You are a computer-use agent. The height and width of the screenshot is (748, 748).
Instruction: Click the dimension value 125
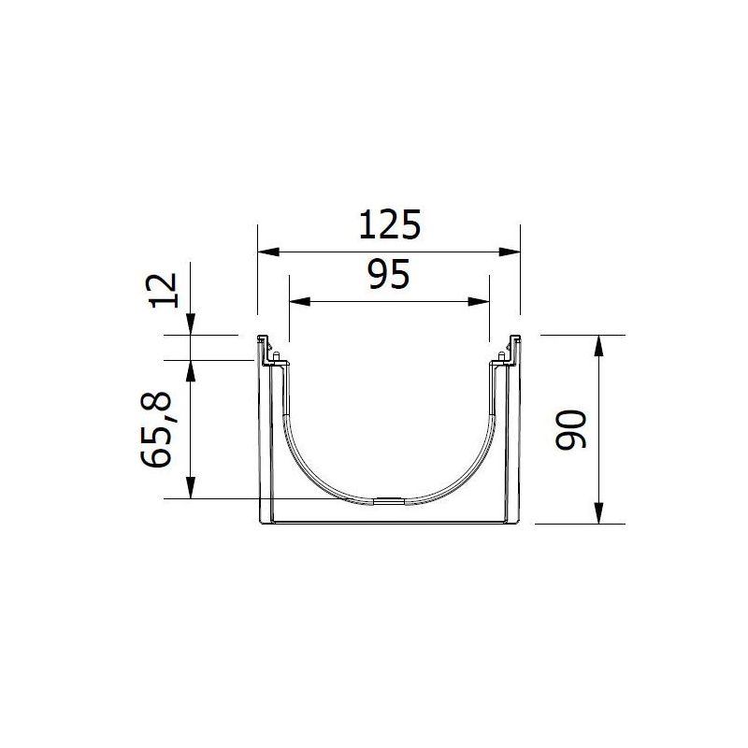(388, 226)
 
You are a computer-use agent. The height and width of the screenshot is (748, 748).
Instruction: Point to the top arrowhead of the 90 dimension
(599, 344)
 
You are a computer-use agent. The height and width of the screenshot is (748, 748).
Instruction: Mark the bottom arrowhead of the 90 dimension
(599, 515)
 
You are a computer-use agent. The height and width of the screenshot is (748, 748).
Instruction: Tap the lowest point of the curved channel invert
(388, 501)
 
